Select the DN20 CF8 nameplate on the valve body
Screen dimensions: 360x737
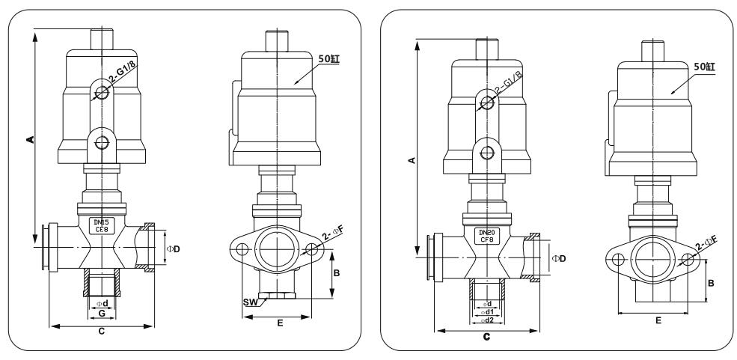point(486,237)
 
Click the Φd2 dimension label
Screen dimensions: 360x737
point(486,320)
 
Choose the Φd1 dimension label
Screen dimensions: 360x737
point(486,311)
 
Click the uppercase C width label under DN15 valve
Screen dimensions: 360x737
point(101,333)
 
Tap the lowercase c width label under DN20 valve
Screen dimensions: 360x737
point(486,338)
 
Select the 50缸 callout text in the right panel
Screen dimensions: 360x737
point(705,67)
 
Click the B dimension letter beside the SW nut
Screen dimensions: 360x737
point(337,274)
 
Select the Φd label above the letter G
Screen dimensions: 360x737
point(101,303)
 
